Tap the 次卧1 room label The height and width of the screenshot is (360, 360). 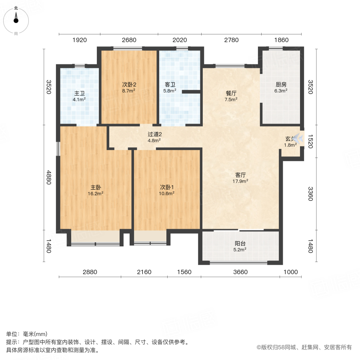[167, 187]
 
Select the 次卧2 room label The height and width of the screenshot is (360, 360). [129, 85]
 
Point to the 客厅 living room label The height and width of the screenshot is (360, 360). [240, 175]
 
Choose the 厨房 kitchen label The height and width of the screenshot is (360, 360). [281, 85]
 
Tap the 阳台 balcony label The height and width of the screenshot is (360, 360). [240, 243]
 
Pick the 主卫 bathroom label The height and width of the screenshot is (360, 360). [80, 94]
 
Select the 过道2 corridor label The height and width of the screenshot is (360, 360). [154, 134]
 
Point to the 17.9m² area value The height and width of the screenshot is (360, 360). [240, 181]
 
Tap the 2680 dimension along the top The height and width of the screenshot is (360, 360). [129, 40]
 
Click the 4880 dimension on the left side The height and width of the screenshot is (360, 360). [49, 177]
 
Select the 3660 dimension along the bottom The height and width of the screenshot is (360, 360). [240, 272]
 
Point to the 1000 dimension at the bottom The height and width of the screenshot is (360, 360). [291, 272]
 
